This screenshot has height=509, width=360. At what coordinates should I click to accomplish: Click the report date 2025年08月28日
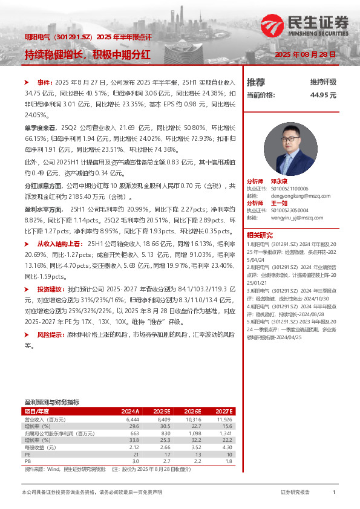[305, 54]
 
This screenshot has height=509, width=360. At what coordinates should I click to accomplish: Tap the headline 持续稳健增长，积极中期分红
[87, 54]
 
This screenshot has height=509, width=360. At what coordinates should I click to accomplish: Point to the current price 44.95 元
[323, 96]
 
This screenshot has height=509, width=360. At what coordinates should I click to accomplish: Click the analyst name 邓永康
[279, 181]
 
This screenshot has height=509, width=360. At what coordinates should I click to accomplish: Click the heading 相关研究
[260, 235]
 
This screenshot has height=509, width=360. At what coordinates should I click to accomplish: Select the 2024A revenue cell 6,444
[133, 419]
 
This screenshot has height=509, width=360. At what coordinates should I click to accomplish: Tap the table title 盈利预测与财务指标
[51, 401]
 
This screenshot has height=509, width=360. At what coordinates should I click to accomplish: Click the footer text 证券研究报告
[295, 493]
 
